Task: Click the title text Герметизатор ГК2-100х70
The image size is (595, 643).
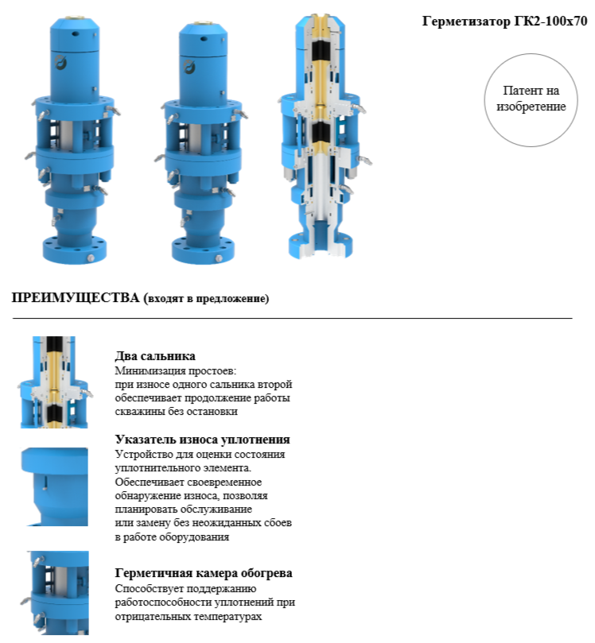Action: coord(505,21)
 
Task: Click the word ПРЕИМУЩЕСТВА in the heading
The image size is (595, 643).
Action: coord(76,297)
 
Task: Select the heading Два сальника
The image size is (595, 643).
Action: coord(155,355)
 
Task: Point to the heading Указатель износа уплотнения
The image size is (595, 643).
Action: coord(202,440)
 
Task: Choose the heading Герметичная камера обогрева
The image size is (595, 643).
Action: coord(204,572)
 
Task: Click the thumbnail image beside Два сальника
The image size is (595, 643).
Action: coord(55,382)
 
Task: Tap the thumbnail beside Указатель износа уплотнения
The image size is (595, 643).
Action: coord(55,486)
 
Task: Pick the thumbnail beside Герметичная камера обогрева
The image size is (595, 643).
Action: coord(56,593)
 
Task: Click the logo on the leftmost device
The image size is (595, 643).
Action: coord(60,63)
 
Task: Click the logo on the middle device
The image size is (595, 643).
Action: coord(189,67)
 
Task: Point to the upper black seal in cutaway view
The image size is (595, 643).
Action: coord(321,51)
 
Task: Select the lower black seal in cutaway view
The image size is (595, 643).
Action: coord(321,132)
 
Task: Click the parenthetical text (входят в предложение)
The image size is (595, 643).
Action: coord(206,298)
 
